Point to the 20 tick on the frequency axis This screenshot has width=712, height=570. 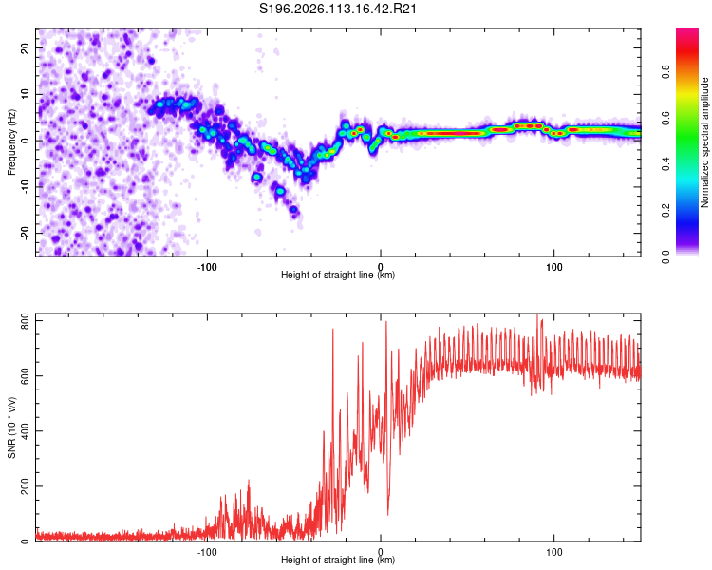pos(27,47)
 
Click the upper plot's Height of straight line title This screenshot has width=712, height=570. pos(339,275)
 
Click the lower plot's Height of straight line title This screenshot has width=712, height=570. pos(339,560)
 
